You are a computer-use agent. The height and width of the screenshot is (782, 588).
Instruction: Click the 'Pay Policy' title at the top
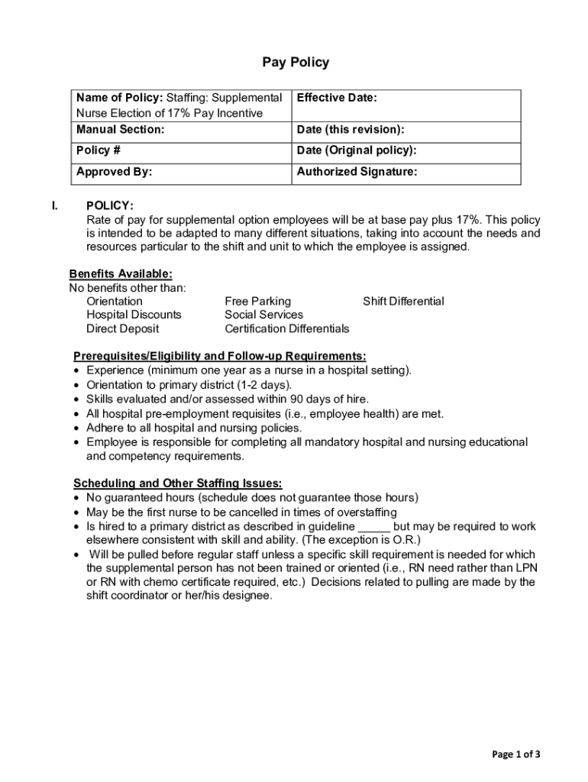tap(296, 63)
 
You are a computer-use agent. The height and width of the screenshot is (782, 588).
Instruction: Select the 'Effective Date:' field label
tap(337, 99)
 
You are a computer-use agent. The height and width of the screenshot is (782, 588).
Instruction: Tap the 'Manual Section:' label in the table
tap(120, 130)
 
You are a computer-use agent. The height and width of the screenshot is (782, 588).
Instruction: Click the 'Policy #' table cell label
tap(99, 150)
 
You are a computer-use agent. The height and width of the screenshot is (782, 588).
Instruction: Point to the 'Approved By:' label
tap(114, 172)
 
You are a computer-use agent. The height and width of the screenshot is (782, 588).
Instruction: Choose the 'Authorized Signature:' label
tap(357, 172)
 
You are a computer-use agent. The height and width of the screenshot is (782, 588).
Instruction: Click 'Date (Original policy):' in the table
tap(357, 150)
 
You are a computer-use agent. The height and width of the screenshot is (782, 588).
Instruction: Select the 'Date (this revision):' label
tap(351, 130)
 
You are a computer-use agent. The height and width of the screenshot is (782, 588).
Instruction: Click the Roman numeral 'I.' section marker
tap(54, 206)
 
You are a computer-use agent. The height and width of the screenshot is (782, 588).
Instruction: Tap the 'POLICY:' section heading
tap(110, 206)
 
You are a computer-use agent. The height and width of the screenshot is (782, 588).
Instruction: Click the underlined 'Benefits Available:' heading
tap(121, 274)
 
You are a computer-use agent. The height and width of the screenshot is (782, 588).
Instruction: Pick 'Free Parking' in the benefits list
tap(257, 302)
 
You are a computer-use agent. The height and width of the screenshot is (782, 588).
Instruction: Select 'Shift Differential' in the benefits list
tap(403, 302)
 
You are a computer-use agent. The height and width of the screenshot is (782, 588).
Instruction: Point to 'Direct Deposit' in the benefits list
tap(123, 329)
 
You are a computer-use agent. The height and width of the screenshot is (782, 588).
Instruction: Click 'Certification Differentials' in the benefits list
tap(286, 329)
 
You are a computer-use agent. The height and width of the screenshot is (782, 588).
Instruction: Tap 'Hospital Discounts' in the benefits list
tap(134, 315)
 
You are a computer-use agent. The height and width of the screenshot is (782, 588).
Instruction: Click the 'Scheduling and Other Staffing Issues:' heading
tap(178, 483)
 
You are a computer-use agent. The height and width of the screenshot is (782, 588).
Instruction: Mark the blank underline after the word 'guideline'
tap(374, 527)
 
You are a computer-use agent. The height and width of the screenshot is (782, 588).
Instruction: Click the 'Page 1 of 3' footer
tap(516, 755)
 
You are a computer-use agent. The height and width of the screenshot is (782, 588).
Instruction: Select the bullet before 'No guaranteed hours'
tap(77, 498)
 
